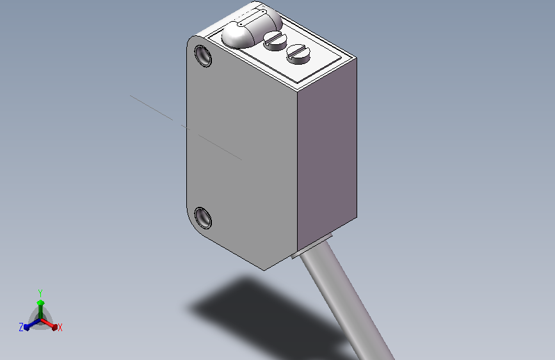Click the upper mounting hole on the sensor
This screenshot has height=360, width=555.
pos(203,56)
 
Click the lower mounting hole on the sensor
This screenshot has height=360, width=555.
pos(203,218)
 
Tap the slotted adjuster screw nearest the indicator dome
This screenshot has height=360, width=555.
pos(275,40)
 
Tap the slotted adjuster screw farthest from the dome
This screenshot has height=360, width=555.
pos(298,54)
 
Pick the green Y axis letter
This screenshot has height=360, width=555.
pos(40,293)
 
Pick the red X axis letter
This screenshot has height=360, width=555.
pos(60,328)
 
